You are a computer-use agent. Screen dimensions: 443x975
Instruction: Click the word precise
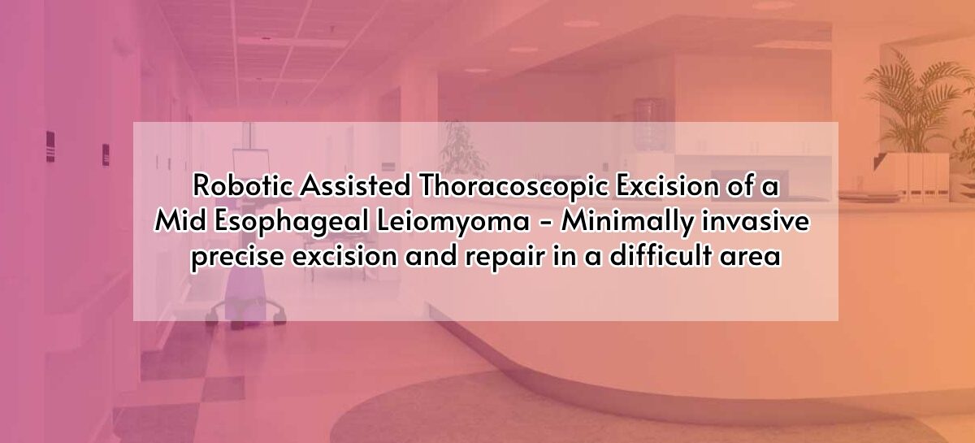pyautogui.click(x=236, y=258)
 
